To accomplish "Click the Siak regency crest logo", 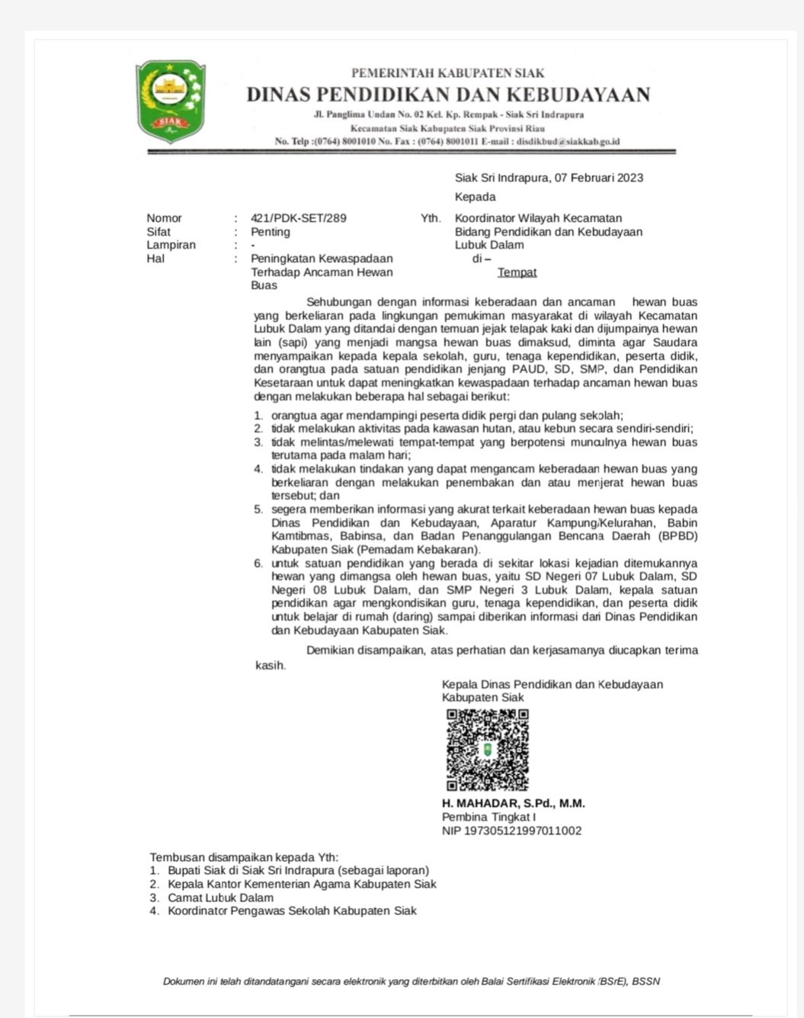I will click(x=170, y=101).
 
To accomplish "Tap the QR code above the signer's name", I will click(x=487, y=750).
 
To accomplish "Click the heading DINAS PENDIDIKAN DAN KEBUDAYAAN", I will click(x=448, y=95).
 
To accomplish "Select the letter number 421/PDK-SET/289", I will click(x=298, y=218).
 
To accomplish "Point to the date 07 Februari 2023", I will click(x=598, y=178).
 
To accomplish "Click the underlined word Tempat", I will click(x=517, y=272).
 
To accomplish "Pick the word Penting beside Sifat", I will click(x=271, y=232).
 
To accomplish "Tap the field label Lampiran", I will click(x=171, y=245).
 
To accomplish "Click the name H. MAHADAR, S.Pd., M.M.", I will click(x=513, y=804).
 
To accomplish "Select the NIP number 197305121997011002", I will click(x=511, y=830).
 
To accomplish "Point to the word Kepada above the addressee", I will click(x=475, y=197).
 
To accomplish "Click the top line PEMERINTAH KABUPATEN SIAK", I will click(x=447, y=73).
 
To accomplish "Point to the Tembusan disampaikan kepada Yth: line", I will click(x=244, y=857).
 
